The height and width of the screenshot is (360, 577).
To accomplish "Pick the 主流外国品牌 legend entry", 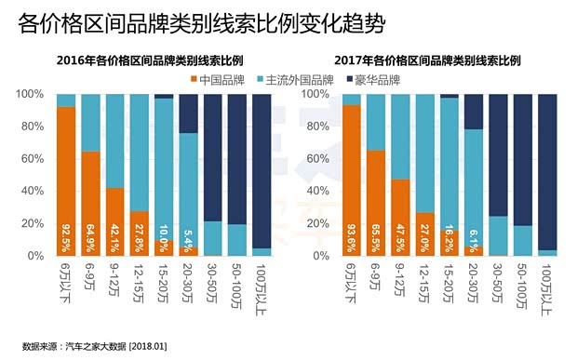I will click(299, 80).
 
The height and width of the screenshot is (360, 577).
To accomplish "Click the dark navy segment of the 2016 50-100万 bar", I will click(237, 158).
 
